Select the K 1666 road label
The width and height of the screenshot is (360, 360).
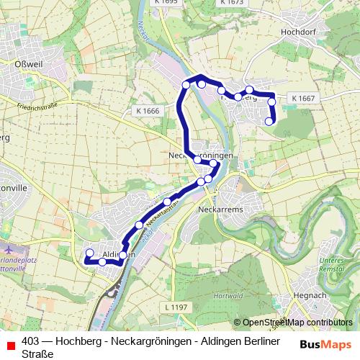click(147, 110)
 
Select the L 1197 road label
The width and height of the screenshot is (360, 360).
click(176, 307)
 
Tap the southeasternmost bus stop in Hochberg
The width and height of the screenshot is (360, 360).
click(269, 122)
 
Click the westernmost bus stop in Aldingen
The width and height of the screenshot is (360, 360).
click(90, 253)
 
